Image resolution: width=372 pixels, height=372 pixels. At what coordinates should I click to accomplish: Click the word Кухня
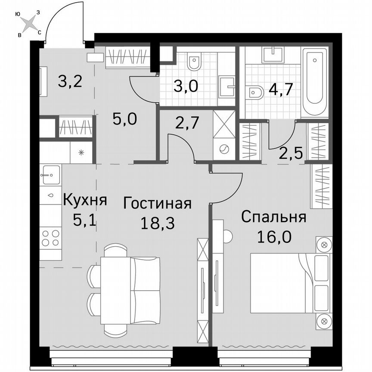click(85, 201)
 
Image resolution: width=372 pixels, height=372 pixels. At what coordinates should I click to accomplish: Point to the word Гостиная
click(157, 203)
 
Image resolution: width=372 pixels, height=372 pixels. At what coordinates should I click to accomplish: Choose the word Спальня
click(273, 217)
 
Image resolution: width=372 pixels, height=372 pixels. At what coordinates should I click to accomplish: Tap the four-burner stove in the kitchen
click(50, 238)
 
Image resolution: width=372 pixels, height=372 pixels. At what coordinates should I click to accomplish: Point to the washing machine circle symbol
click(224, 149)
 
